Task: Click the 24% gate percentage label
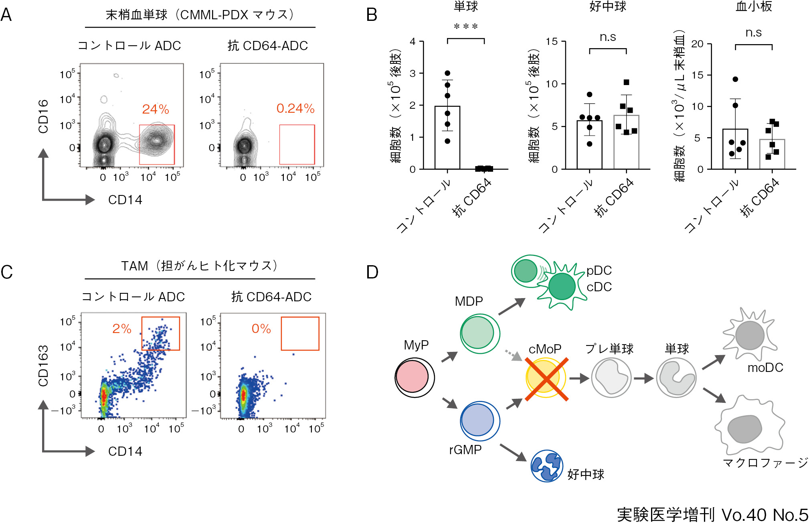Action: (156, 109)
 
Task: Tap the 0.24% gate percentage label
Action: (295, 108)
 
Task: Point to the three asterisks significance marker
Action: (466, 27)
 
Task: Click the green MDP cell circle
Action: (479, 333)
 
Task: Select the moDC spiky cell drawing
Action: (750, 335)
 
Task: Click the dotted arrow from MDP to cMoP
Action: (512, 355)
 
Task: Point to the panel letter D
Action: (372, 272)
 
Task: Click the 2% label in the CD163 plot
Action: (122, 329)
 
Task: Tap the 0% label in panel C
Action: (261, 329)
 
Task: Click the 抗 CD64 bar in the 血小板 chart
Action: (772, 154)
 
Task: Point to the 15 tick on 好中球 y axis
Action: (552, 42)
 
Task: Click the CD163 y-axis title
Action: (43, 366)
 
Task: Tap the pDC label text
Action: (599, 271)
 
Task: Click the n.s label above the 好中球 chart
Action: (608, 37)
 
